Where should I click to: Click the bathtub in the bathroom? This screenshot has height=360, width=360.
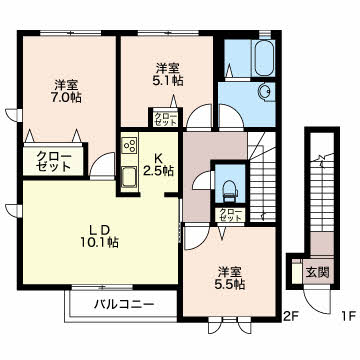coord(264,58)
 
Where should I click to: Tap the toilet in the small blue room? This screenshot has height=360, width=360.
coord(230,191)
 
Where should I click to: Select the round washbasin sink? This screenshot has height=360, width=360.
coord(266,92)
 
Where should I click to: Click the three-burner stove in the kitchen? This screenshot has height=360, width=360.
coord(130,145)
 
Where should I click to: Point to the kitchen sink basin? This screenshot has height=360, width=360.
coord(130,177)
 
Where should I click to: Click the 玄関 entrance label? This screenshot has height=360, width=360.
coord(318,272)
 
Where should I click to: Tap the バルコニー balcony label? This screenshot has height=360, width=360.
coord(124,304)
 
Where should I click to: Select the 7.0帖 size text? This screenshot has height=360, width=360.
coord(67,98)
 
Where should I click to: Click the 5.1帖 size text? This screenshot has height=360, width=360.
coord(168,81)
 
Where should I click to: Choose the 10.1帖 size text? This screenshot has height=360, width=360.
coord(99,243)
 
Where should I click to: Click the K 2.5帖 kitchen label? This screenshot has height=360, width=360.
coord(158,165)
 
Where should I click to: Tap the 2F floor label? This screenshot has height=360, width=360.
coord(291,315)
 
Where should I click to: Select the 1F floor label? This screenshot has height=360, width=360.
coord(349,315)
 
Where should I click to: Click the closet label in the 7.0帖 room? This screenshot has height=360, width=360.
coord(54,161)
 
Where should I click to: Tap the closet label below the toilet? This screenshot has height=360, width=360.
coord(230,215)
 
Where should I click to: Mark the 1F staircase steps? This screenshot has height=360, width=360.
coord(322,193)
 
